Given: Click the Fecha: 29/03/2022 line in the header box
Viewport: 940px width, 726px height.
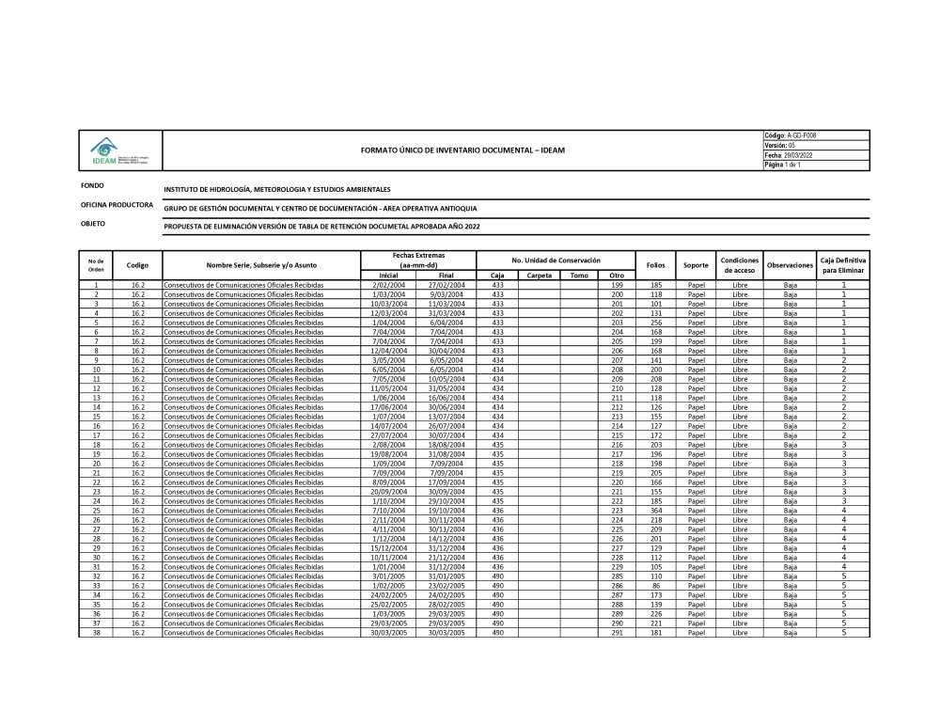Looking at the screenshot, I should [790, 155].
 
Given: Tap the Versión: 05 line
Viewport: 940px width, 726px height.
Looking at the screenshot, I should [780, 145].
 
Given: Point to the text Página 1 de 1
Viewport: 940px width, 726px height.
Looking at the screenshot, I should [782, 165].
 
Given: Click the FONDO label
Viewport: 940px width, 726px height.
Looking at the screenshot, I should [92, 186].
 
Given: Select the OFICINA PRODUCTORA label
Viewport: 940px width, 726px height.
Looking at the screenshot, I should [117, 205].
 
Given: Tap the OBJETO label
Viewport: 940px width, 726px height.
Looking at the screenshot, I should [93, 224].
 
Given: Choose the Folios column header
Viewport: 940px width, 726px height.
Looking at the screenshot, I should [656, 265].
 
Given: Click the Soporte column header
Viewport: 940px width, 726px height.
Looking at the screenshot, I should [696, 265].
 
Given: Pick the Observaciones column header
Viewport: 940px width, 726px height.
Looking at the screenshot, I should [790, 265].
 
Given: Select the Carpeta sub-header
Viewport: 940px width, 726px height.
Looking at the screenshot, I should [540, 276].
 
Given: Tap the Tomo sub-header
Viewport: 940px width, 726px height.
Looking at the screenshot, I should [579, 276].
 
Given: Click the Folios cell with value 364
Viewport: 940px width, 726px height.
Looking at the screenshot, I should [656, 511].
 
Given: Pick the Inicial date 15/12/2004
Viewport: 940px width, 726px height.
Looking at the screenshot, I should [386, 548].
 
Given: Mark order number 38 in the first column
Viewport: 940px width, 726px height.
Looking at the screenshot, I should [96, 633].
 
